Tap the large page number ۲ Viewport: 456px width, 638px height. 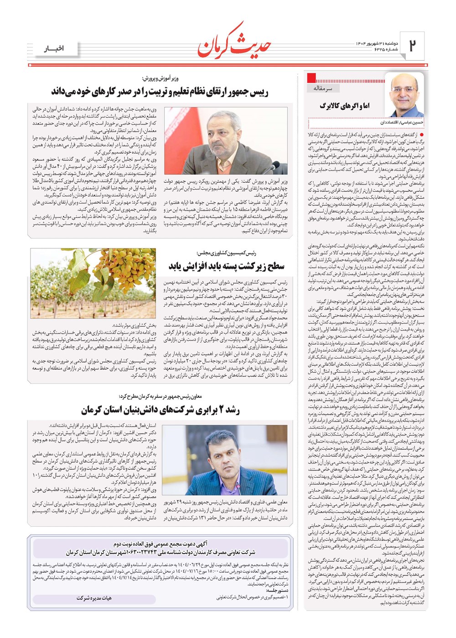(413, 46)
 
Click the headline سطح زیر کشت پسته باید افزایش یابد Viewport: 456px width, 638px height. (220, 266)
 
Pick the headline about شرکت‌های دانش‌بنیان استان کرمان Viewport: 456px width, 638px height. (160, 410)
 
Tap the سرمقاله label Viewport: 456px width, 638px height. (323, 88)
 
